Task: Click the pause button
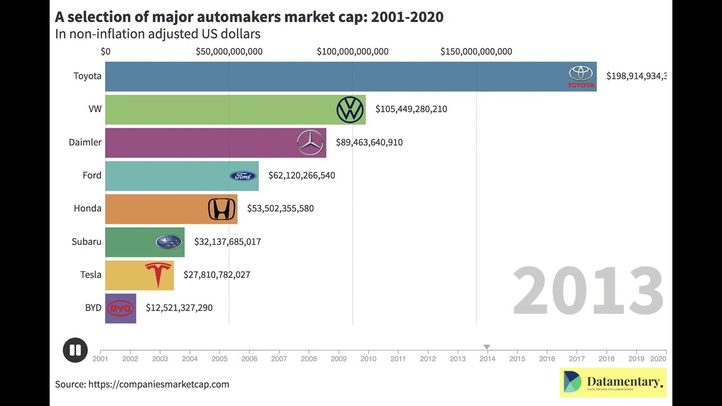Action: click(x=75, y=350)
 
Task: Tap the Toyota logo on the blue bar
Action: click(x=580, y=77)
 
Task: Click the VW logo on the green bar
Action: click(x=350, y=109)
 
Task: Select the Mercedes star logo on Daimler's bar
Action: click(x=310, y=142)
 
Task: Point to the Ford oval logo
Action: click(x=243, y=176)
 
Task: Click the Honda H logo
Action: click(x=222, y=209)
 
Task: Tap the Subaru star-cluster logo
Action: click(x=169, y=242)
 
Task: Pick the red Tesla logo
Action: click(x=158, y=275)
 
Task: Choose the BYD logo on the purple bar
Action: click(x=120, y=308)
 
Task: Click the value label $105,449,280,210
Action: click(x=411, y=109)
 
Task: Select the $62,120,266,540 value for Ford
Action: click(x=301, y=175)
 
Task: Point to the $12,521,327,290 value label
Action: click(x=179, y=308)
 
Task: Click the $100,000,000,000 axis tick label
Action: click(x=353, y=51)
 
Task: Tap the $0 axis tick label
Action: click(x=105, y=51)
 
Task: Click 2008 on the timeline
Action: click(x=309, y=359)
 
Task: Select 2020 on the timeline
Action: click(x=658, y=359)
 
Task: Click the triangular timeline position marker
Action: click(x=487, y=347)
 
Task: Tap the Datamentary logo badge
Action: click(x=613, y=383)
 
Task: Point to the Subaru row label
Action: click(x=86, y=241)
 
